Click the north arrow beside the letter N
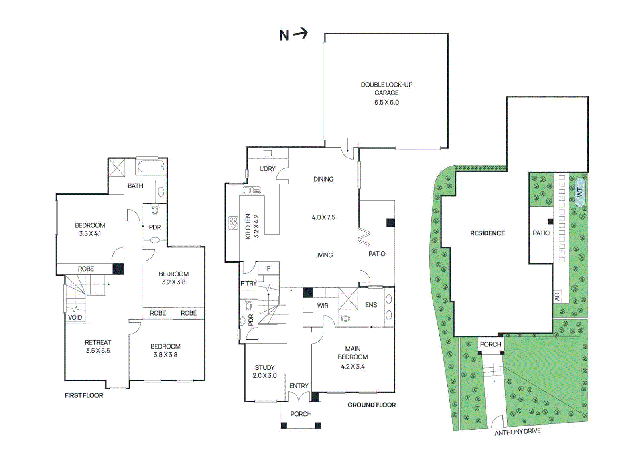pyautogui.click(x=301, y=34)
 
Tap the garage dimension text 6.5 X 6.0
pyautogui.click(x=386, y=102)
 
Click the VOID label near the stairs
pyautogui.click(x=75, y=317)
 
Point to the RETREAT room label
pyautogui.click(x=98, y=346)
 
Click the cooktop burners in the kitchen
pyautogui.click(x=233, y=223)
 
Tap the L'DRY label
pyautogui.click(x=268, y=169)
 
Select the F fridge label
pyautogui.click(x=268, y=268)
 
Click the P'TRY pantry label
pyautogui.click(x=248, y=283)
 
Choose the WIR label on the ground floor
pyautogui.click(x=323, y=306)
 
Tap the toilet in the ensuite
pyautogui.click(x=345, y=318)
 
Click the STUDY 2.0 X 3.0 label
pyautogui.click(x=264, y=371)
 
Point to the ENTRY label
pyautogui.click(x=299, y=386)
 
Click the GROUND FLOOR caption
pyautogui.click(x=372, y=405)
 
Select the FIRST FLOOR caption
pyautogui.click(x=84, y=395)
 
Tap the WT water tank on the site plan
pyautogui.click(x=579, y=192)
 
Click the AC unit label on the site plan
pyautogui.click(x=557, y=297)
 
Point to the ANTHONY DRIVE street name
pyautogui.click(x=517, y=432)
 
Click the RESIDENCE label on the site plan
pyautogui.click(x=487, y=233)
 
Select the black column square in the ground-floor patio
pyautogui.click(x=390, y=223)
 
